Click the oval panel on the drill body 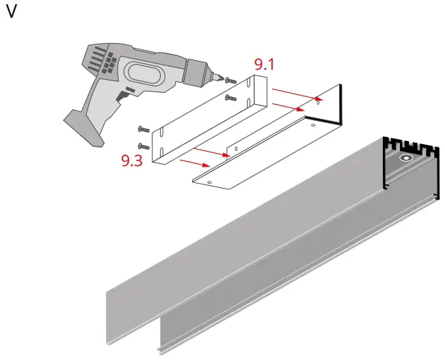pos(141,73)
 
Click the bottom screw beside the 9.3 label pos(144,146)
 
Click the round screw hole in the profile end pos(406,158)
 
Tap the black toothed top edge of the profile pos(408,144)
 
